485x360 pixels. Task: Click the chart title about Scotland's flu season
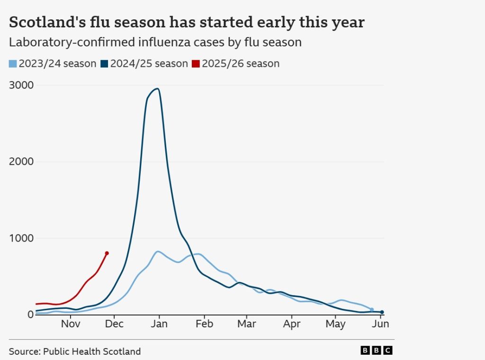coord(187,22)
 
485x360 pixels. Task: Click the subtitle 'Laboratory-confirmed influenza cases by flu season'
coord(155,42)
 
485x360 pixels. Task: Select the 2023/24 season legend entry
coord(53,63)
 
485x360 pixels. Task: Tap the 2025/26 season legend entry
coord(236,63)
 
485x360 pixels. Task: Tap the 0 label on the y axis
coord(30,315)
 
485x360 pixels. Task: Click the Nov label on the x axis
coord(71,324)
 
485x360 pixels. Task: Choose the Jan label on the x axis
coord(160,324)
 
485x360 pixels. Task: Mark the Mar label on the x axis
coord(246,324)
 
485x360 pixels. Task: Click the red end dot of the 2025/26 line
coord(107,253)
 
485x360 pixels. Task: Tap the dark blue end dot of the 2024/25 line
coord(382,312)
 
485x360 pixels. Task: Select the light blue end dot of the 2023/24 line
coord(372,309)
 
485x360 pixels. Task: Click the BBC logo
coord(377,351)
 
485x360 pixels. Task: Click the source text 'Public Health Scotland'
coord(92,351)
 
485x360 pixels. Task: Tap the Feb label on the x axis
coord(204,324)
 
